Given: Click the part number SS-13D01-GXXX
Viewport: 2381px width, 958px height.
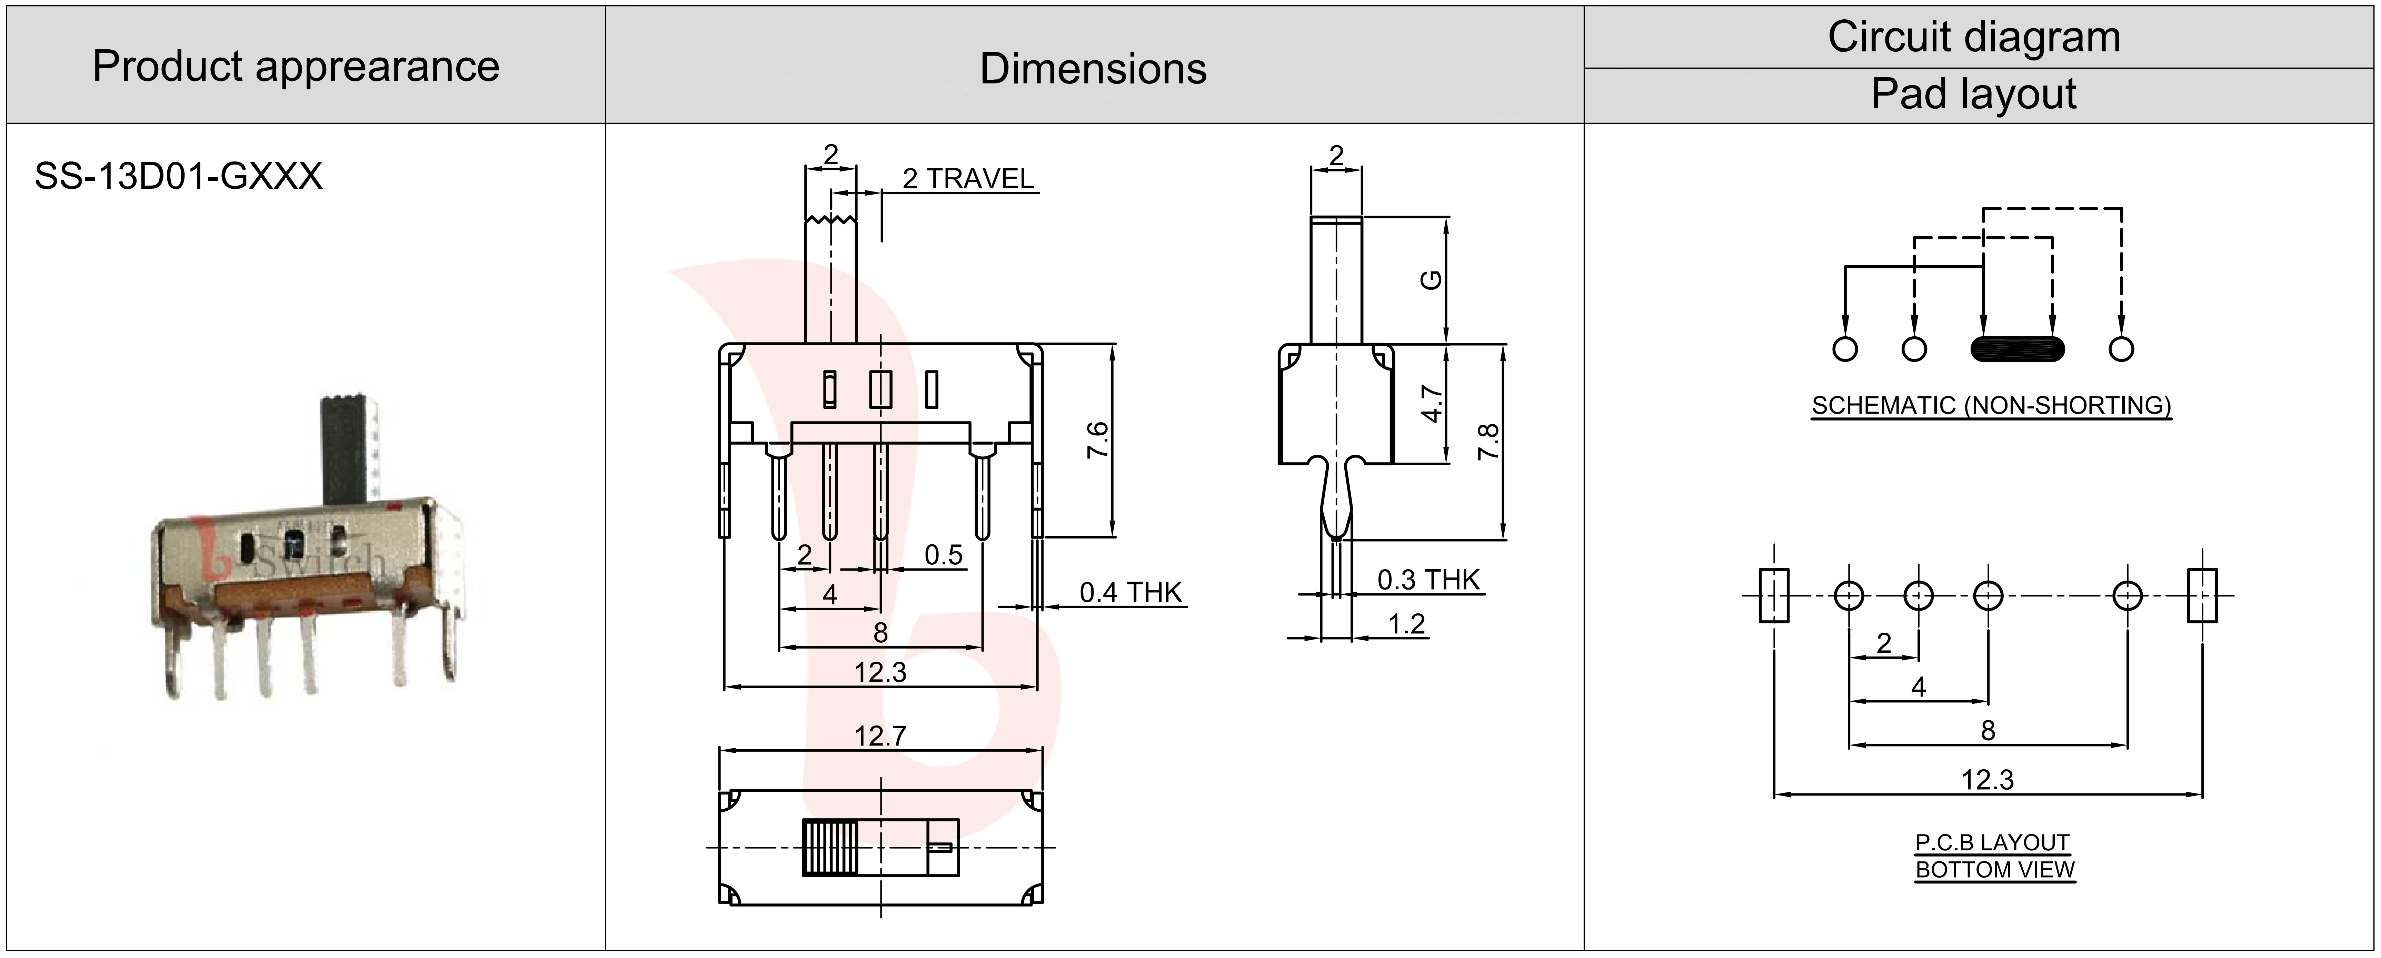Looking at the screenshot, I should coord(178,176).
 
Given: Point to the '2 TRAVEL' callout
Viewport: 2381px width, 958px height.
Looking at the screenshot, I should coord(968,178).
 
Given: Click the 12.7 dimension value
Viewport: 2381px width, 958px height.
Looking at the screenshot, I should coord(880,736).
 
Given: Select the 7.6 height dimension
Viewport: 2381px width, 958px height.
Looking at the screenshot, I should coord(1097,440).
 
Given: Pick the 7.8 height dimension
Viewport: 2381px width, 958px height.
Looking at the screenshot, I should coord(1488,442).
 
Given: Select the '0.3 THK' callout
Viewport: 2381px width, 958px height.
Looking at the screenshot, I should coord(1428,580).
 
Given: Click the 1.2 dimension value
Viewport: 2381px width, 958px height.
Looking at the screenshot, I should coord(1406,624).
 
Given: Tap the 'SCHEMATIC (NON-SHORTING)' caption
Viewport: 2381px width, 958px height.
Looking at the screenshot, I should coord(1991,405).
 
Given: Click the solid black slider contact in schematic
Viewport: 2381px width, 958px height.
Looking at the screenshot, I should coord(2017,349).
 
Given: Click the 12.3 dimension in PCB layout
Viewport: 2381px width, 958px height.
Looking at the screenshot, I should coord(1987,780).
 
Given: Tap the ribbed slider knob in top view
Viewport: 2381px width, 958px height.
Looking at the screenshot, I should coord(829,847).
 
